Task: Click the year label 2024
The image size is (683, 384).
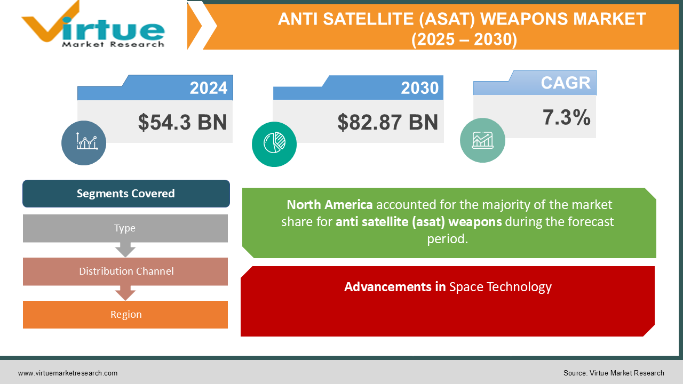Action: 208,88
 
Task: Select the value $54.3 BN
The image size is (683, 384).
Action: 182,122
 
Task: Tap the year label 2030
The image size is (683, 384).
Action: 420,88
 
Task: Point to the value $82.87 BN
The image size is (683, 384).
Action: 387,122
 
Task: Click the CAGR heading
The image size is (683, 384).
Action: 566,83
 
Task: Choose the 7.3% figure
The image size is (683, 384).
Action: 566,117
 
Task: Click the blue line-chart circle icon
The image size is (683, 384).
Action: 84,142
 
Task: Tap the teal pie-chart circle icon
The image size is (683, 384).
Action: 274,144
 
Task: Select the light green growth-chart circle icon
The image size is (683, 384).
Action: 482,140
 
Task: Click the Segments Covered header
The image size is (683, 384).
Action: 126,194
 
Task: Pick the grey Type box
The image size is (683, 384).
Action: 125,228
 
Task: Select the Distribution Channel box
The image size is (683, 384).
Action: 126,271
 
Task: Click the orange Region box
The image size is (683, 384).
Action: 126,315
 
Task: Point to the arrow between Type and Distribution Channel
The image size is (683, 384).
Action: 125,250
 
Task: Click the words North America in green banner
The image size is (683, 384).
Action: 329,205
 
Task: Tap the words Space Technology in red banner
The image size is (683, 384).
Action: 500,287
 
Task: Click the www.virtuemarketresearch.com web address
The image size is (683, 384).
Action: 68,373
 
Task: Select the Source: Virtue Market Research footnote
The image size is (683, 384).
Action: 614,373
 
